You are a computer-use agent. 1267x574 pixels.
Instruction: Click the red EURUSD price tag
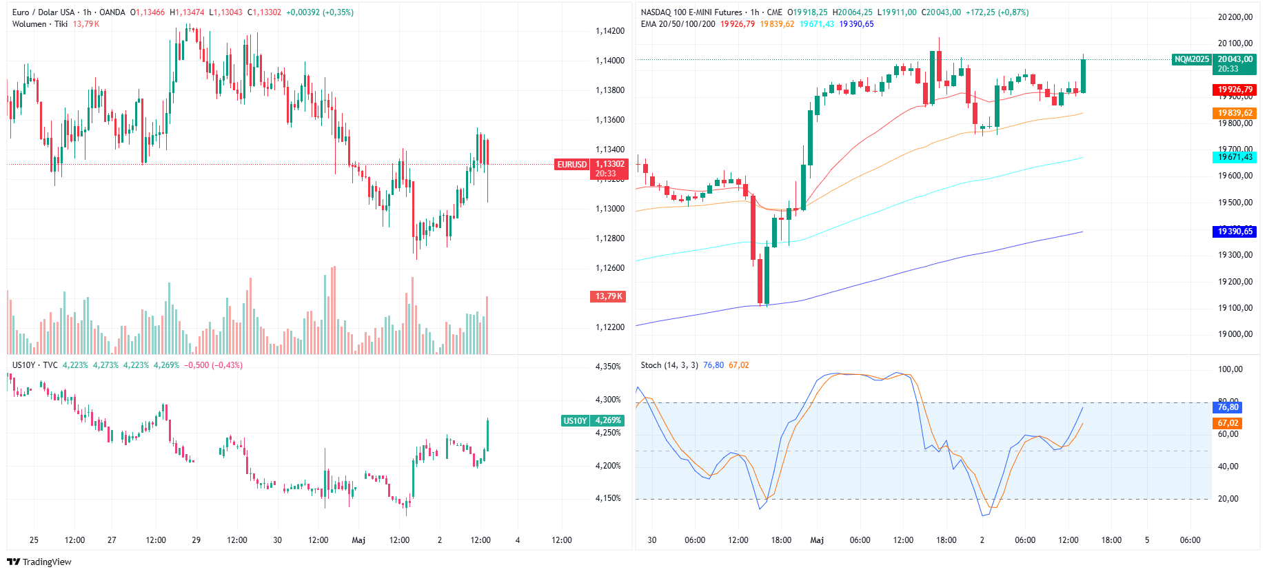572,165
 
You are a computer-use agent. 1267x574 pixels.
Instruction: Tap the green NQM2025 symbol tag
1192,60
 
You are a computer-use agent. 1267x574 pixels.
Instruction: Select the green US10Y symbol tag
576,421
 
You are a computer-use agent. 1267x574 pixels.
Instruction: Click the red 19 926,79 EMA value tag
1235,90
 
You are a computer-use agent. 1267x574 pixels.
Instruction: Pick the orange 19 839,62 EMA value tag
1235,113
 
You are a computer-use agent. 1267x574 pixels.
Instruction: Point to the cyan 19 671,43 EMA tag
1235,157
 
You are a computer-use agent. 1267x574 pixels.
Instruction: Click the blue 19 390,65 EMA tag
1235,232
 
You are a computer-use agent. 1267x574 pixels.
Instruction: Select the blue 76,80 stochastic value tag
1228,407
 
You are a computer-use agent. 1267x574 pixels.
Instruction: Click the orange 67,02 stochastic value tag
1228,423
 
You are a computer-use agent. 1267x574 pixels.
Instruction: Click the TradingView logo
39,562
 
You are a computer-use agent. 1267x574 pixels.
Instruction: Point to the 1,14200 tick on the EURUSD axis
610,31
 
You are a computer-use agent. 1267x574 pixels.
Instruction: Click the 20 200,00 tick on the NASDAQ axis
1235,17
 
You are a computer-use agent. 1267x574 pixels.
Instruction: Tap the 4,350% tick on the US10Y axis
608,367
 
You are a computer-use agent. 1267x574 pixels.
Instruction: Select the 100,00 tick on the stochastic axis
1230,369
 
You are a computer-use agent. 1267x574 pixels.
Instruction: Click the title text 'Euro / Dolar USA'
43,12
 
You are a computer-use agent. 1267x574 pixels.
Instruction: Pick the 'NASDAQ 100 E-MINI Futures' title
691,12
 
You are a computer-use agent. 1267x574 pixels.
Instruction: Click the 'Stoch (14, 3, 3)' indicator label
669,365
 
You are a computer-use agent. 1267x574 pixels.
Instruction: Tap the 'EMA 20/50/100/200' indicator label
678,24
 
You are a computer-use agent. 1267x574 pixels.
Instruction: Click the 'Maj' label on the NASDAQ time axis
817,540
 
